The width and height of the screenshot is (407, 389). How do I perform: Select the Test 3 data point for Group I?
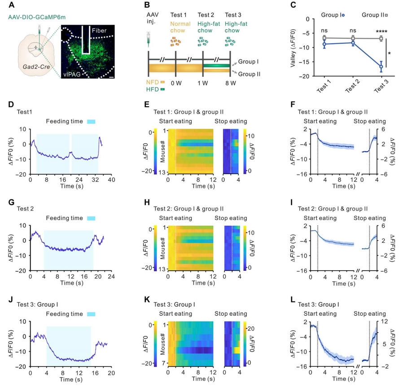381,67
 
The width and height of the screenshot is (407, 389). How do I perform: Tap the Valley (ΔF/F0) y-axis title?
292,48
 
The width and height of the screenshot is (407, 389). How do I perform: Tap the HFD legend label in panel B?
154,89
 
